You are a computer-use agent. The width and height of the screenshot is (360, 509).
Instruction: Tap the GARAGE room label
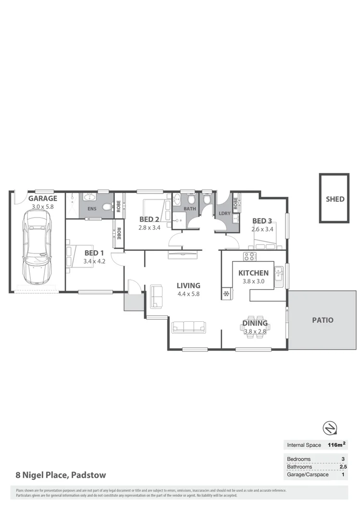coord(42,198)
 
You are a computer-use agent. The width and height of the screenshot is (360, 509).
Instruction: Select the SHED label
coord(335,199)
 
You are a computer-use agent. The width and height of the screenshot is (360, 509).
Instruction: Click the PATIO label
coord(323,320)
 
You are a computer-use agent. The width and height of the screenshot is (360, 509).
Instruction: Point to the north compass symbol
coord(329,427)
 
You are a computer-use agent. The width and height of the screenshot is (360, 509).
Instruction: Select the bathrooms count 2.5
coord(342,466)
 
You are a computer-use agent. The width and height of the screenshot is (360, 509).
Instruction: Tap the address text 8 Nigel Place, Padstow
coord(61,475)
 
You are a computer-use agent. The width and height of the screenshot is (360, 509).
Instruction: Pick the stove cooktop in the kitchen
coord(249,256)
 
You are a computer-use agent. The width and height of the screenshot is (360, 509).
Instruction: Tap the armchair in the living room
coord(156,296)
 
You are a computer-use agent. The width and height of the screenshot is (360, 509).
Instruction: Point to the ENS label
coord(91,209)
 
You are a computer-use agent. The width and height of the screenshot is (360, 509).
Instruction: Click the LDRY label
coord(223,213)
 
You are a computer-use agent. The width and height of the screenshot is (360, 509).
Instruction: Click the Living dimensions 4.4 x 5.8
coord(188,294)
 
